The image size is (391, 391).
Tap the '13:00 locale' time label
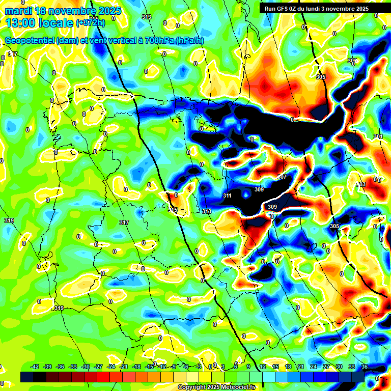coord(40,23)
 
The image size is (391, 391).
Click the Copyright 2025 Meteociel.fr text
coord(216,387)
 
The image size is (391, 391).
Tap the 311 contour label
coord(228,195)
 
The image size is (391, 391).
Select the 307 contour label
coord(282,177)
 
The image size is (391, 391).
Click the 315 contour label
coord(173,210)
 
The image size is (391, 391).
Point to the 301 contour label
coord(378,136)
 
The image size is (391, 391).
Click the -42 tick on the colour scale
coord(35,367)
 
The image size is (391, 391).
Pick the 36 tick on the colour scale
coord(365,367)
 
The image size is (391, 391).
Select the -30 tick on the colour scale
coord(86,367)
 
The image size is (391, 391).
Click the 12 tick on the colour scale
coord(263,367)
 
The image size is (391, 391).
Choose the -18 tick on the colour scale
coord(136,367)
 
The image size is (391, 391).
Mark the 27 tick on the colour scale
coord(326,367)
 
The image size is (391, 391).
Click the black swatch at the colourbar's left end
coord(27,377)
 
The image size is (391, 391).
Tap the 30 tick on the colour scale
coord(339,367)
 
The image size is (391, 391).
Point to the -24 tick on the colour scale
coord(111,367)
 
